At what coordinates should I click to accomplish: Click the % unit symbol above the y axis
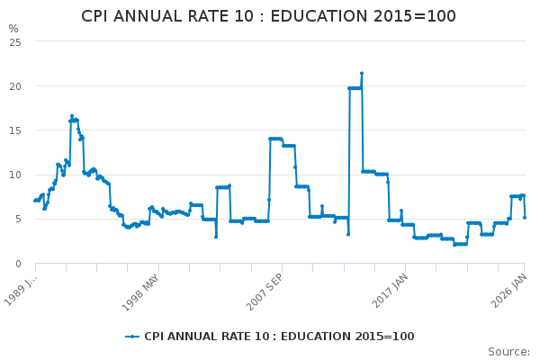(x=13, y=29)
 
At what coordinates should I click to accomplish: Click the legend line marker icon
(x=132, y=337)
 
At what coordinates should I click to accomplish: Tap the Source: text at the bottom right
(x=508, y=351)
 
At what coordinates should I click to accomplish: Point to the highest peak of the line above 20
(x=362, y=73)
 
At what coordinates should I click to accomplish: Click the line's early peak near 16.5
(x=72, y=116)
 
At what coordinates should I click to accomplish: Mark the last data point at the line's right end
(x=525, y=217)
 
